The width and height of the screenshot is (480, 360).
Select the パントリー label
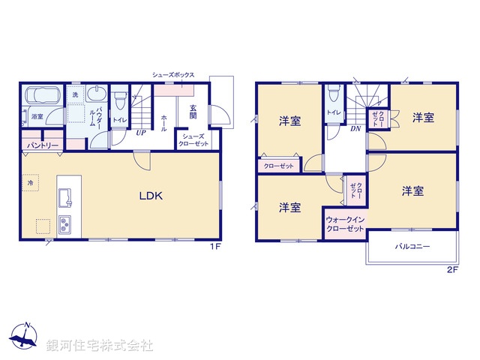click(x=43, y=145)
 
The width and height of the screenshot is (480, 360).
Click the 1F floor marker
click(x=214, y=247)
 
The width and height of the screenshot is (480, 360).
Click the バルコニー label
click(x=412, y=246)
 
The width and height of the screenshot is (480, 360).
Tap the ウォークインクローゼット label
click(x=345, y=223)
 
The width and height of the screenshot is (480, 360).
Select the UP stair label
click(x=140, y=133)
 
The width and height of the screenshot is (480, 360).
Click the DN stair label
click(x=355, y=128)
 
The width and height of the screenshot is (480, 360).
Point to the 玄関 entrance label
click(x=193, y=111)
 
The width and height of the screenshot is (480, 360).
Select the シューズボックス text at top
click(x=173, y=75)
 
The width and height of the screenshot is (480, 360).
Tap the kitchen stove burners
click(x=64, y=223)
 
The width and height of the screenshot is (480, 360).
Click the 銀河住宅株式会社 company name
click(x=100, y=346)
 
